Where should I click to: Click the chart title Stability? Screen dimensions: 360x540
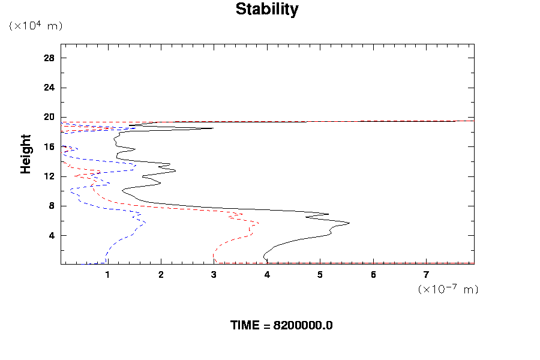266,10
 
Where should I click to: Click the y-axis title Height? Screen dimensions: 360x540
26,154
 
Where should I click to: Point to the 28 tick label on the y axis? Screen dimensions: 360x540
49,58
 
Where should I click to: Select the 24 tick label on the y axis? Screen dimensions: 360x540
49,88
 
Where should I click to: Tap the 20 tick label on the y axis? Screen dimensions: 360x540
49,117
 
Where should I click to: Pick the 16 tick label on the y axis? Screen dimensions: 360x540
49,146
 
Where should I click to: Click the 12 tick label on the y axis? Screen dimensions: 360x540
49,176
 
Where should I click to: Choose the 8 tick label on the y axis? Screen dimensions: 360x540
52,206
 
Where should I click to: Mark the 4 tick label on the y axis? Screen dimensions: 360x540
52,235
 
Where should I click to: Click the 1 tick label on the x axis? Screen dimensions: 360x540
108,275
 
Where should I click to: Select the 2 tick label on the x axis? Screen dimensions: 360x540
161,275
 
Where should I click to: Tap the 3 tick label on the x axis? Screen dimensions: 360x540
214,275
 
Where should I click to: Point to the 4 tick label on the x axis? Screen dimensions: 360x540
267,275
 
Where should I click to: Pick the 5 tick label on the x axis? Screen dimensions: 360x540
320,275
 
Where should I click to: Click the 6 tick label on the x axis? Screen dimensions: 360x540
373,275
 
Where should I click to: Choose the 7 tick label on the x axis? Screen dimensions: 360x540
427,275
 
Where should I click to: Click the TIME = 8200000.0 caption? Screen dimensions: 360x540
281,325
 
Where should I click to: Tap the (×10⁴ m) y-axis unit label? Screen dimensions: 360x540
35,26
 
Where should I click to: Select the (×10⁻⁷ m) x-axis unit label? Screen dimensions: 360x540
448,289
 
